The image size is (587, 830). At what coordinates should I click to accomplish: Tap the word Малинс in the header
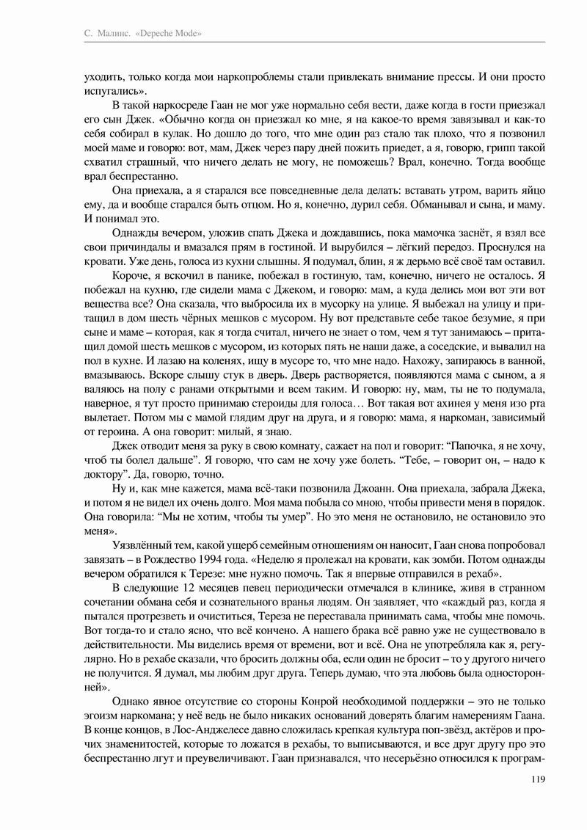[112, 34]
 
